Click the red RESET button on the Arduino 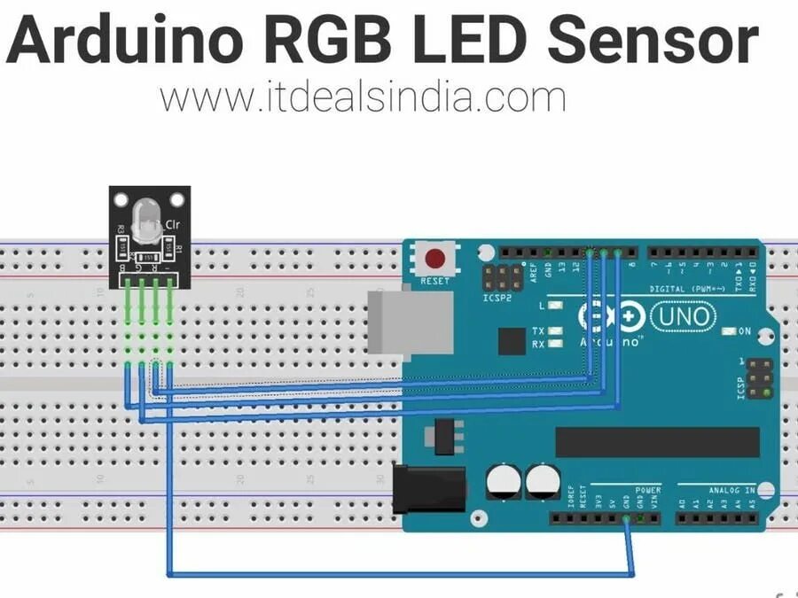435,260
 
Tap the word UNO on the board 681,315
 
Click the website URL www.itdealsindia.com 363,97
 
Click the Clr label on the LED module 172,226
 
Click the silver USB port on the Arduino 387,322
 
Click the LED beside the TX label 556,331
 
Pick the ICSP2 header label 497,299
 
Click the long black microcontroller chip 657,441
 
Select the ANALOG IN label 731,490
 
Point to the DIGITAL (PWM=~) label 686,288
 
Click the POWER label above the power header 647,490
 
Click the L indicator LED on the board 556,306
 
